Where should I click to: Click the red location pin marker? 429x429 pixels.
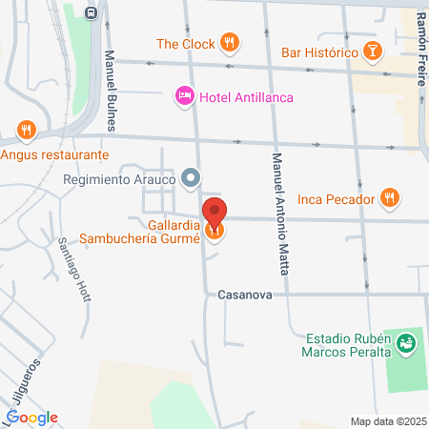tap(215, 213)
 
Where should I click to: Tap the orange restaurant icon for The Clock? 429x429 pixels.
tap(228, 43)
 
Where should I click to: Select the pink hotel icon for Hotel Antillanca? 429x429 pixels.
tap(184, 96)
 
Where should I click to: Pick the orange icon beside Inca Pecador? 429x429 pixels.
tap(389, 198)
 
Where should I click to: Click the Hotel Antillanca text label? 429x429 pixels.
tap(246, 97)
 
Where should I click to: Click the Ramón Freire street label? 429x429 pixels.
tap(420, 48)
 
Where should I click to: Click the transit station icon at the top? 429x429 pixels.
tap(91, 12)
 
